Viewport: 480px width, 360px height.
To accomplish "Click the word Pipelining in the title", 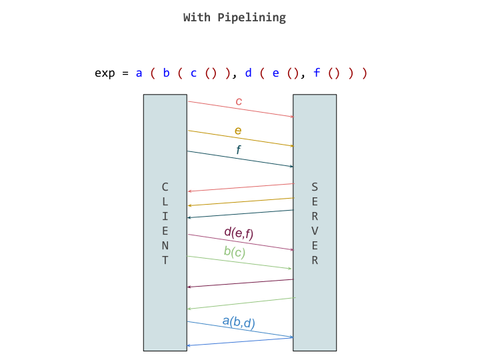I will click(x=251, y=17).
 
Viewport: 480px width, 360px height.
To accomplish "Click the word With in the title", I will click(x=197, y=17).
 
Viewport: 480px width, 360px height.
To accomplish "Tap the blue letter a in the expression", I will click(x=139, y=73).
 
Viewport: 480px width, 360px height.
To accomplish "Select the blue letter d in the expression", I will click(x=248, y=73).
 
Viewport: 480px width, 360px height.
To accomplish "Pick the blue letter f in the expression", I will click(x=316, y=73).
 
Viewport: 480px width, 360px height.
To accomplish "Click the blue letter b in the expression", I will click(x=166, y=73).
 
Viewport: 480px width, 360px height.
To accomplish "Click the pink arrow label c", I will click(x=239, y=101).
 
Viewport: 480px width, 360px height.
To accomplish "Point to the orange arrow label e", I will click(x=238, y=131).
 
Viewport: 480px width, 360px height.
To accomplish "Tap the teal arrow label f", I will click(x=238, y=150).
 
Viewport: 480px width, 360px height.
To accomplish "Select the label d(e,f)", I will click(x=239, y=233).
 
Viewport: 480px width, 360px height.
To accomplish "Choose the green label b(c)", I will click(x=235, y=252).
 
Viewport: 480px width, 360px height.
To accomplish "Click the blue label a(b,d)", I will click(x=239, y=323).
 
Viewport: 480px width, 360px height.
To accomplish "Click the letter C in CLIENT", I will click(x=165, y=187).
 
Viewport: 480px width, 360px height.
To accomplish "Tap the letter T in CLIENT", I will click(x=165, y=260).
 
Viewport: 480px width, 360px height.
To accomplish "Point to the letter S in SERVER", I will click(x=315, y=187).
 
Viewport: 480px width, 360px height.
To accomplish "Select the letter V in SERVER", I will click(x=315, y=231).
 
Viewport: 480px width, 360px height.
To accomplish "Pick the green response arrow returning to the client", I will click(x=240, y=303).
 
